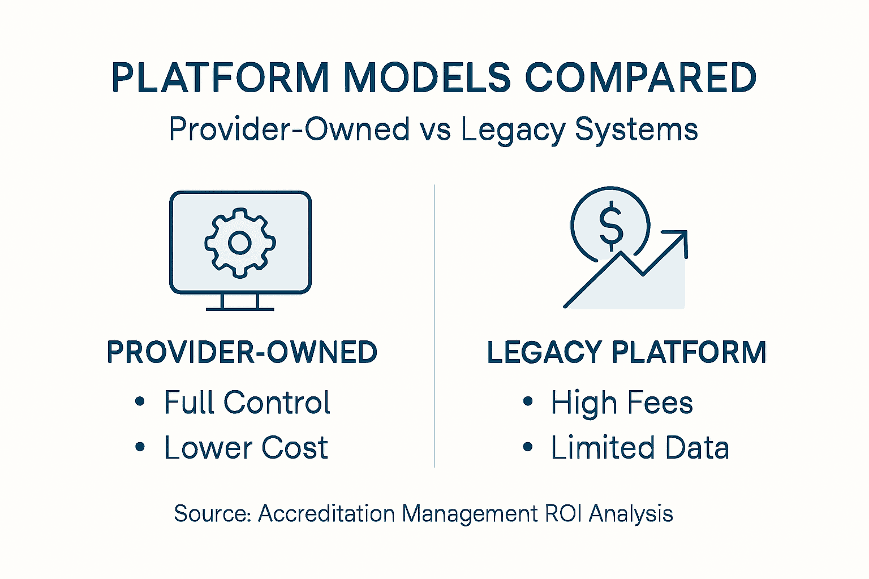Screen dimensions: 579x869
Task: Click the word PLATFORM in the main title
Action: (x=220, y=77)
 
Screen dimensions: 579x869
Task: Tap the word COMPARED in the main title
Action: (x=640, y=77)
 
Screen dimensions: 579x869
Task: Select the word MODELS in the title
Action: (x=427, y=77)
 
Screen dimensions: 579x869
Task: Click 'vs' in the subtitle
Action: (x=435, y=129)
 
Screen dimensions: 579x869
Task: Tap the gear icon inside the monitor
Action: (x=240, y=243)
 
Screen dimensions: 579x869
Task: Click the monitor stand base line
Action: (x=240, y=309)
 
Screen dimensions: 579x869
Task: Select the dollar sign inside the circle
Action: (x=610, y=226)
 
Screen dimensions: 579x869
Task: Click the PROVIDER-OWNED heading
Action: (x=242, y=352)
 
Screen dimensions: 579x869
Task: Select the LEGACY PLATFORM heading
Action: (x=626, y=352)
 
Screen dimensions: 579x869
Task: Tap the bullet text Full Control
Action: (x=247, y=403)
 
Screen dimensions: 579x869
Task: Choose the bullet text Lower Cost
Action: (x=246, y=448)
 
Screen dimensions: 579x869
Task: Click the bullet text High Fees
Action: (x=622, y=403)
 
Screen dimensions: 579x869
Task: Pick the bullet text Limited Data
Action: (x=640, y=448)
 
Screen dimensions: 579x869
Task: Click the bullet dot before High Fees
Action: (x=528, y=402)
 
